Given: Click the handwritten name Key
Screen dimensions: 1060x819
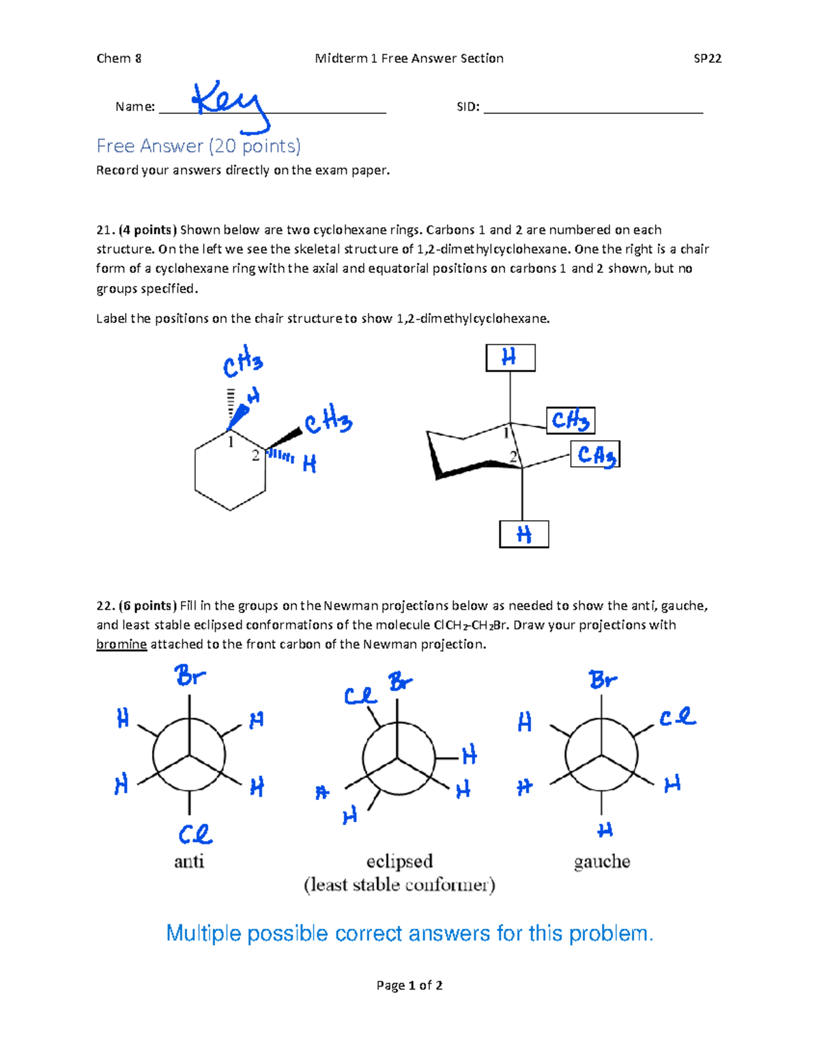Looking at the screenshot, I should point(228,102).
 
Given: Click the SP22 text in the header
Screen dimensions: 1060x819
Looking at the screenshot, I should point(707,59).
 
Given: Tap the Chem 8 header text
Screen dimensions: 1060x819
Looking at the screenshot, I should point(119,59).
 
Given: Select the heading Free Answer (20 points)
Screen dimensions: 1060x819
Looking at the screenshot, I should point(199,146).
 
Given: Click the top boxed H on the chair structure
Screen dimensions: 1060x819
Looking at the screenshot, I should point(510,358).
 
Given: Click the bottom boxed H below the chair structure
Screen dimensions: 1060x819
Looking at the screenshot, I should point(523,534).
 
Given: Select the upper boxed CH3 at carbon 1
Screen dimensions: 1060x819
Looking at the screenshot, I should point(570,420).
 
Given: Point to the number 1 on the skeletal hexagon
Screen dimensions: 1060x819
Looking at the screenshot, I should point(231,442).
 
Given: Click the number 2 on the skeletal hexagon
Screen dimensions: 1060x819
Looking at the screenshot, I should point(255,455).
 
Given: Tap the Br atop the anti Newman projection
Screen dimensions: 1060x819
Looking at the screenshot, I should point(190,676).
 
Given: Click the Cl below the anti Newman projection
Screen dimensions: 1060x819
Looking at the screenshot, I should point(195,834).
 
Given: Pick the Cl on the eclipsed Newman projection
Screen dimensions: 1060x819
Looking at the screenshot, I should point(360,696).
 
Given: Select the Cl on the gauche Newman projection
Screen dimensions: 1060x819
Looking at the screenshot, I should point(677,717).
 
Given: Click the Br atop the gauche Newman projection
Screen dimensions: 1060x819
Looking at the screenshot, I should point(603,680).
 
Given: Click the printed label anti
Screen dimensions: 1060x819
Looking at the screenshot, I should point(189,861).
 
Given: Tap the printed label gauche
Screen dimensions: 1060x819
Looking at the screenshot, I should point(602,861).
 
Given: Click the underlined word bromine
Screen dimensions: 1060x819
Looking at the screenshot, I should point(121,644).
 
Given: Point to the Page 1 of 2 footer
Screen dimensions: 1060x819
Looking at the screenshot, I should point(409,986).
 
